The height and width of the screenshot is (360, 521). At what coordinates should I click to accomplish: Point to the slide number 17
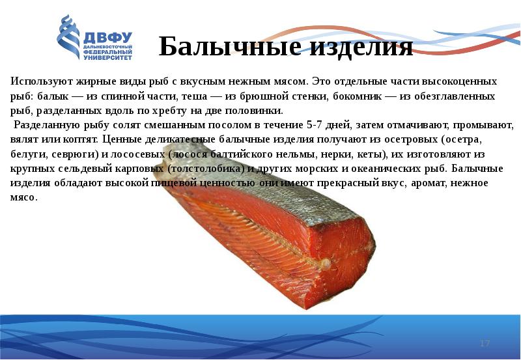(484, 343)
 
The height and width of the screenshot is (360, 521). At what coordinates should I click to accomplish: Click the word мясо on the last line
(24, 197)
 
